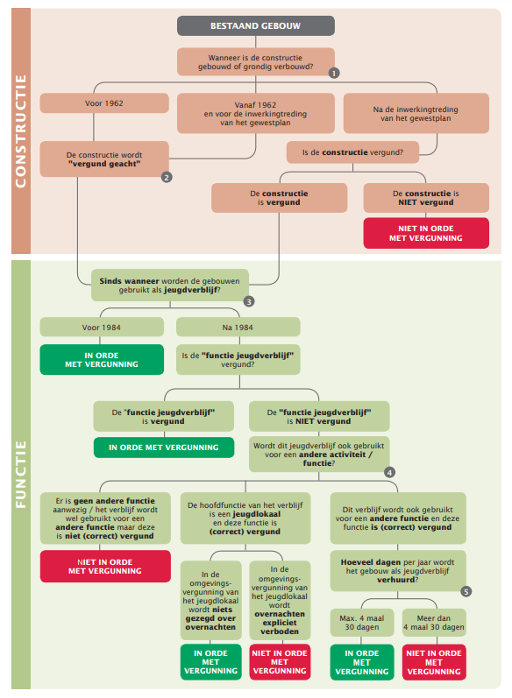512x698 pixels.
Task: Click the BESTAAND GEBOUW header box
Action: (256, 25)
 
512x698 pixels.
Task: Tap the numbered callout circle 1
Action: (334, 73)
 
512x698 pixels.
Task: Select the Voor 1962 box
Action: (104, 103)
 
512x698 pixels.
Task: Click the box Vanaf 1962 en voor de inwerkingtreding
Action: (256, 114)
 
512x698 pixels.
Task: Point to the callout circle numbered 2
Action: (167, 177)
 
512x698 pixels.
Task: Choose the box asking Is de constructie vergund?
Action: (353, 152)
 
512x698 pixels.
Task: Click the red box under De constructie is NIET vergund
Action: (426, 233)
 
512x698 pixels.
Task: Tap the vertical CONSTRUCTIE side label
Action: (21, 131)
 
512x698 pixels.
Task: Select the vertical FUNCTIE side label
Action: (21, 475)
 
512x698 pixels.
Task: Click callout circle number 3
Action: (249, 302)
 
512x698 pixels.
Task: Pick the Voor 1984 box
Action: (102, 328)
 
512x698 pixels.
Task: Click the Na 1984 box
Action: (238, 328)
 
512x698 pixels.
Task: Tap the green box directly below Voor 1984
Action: (102, 360)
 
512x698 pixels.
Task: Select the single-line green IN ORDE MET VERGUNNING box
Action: (164, 448)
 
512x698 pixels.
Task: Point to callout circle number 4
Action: (389, 472)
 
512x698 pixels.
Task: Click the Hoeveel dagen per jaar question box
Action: (398, 571)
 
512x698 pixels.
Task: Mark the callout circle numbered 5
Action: (466, 592)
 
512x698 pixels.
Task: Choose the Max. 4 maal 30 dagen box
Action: (362, 623)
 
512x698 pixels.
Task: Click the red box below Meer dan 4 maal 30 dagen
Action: (434, 662)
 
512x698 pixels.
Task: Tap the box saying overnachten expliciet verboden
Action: (280, 600)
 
